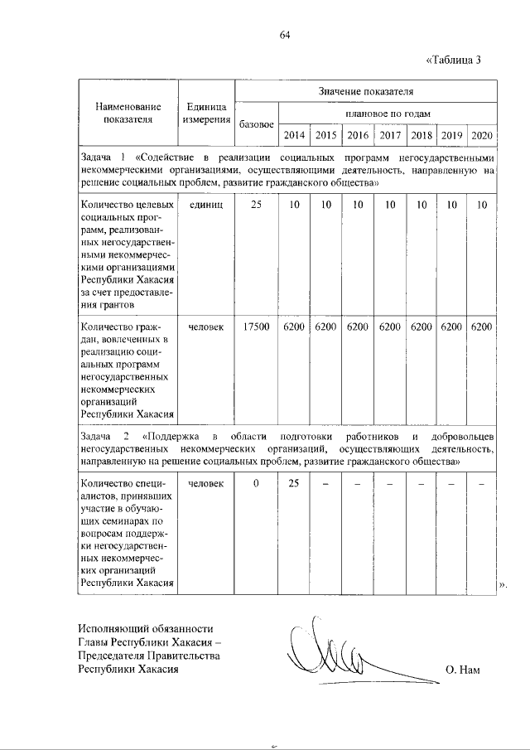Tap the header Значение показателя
click(365, 91)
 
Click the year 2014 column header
click(294, 135)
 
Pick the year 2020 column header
click(481, 135)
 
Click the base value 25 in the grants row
click(256, 204)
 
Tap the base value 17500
click(256, 327)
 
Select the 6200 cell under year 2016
click(358, 327)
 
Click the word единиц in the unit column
click(207, 204)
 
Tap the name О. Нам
click(462, 670)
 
